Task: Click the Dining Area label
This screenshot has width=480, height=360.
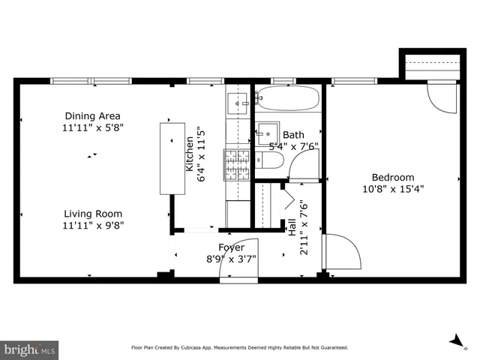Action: click(93, 116)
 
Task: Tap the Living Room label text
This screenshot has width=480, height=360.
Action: click(93, 214)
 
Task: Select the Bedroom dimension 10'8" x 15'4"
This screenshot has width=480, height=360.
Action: click(393, 189)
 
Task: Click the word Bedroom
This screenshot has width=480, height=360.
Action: click(393, 178)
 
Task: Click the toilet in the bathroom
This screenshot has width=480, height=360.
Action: click(271, 160)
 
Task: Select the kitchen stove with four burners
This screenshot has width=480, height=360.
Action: click(237, 165)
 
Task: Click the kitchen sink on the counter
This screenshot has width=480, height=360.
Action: click(237, 100)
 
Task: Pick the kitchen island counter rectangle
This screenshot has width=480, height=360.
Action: click(172, 157)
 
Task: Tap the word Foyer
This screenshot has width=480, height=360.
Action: click(231, 247)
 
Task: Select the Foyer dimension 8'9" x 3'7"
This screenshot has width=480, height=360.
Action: click(232, 259)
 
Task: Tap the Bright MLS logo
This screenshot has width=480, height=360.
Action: click(30, 349)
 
